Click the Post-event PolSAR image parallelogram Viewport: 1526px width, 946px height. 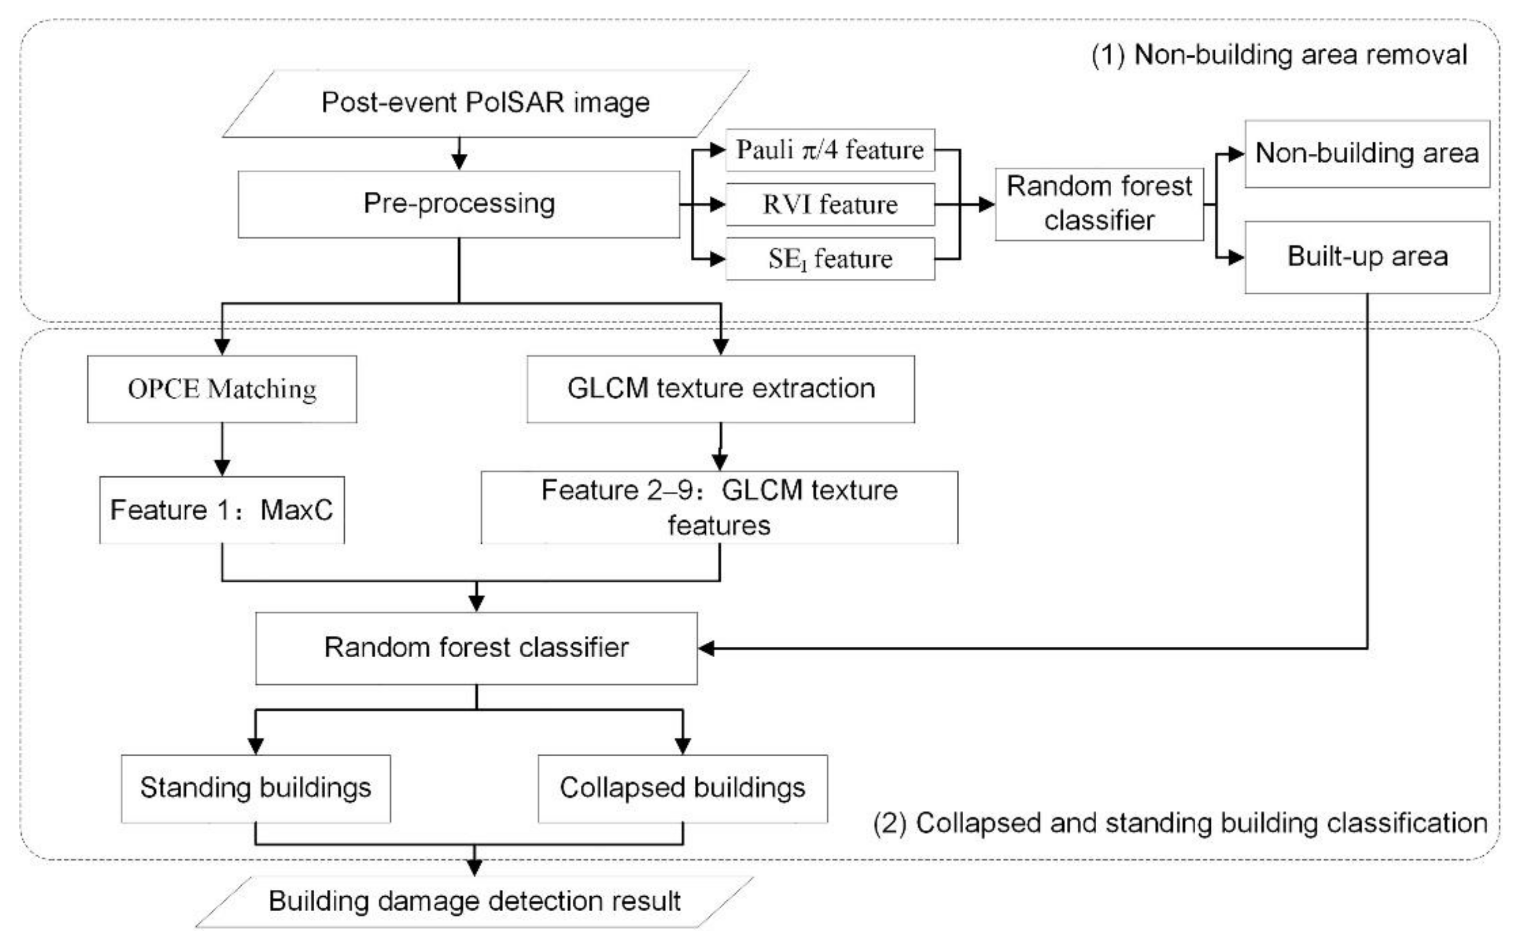[x=486, y=103]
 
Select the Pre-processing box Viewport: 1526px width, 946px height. [x=459, y=204]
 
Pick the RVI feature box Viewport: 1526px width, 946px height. [x=830, y=205]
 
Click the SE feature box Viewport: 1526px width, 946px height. [x=830, y=258]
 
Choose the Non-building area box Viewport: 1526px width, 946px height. [x=1367, y=154]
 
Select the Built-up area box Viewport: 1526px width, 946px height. [x=1367, y=256]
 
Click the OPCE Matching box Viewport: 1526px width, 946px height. [x=222, y=389]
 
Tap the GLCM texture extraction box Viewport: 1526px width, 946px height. [x=720, y=389]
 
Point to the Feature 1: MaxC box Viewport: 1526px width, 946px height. [x=222, y=510]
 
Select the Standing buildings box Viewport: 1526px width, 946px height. [x=255, y=788]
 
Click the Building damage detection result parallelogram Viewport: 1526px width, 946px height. [x=474, y=902]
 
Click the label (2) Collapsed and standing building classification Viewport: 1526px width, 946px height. [x=1180, y=824]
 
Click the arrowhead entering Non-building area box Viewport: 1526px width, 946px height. [x=1236, y=154]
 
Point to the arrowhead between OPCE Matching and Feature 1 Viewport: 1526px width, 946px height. [x=222, y=467]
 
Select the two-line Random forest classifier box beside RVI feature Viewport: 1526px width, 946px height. [x=1099, y=204]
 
